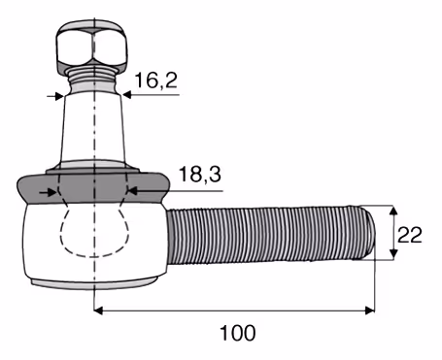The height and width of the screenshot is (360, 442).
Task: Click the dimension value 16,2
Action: point(156,81)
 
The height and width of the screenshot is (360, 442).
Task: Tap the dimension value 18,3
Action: point(200,174)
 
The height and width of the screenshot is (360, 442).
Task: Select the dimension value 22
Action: point(410,235)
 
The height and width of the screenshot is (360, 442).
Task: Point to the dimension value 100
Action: point(238,333)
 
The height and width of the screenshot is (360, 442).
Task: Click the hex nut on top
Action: point(91,46)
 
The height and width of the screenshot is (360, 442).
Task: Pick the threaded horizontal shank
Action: point(270,234)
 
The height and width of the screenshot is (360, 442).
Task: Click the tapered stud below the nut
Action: point(93,128)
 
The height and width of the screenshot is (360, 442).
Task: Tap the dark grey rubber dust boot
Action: point(92,188)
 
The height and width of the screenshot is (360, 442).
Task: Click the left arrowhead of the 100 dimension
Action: point(98,311)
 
